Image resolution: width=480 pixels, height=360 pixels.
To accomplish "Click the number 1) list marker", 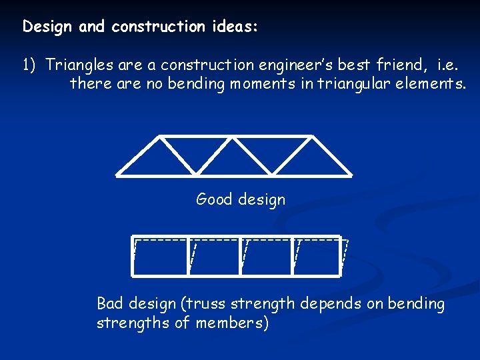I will click(x=29, y=65).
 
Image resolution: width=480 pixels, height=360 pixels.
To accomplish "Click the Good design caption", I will click(x=240, y=199).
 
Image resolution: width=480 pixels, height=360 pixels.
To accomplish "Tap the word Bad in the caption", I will click(x=111, y=305).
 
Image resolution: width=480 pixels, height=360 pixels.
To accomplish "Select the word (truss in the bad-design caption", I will click(x=203, y=305).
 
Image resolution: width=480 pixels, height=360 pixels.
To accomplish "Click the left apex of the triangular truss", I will click(x=160, y=137).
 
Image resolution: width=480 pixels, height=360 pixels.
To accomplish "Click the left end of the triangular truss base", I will click(x=117, y=175).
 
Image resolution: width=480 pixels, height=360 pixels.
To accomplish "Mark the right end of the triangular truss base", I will click(x=351, y=175).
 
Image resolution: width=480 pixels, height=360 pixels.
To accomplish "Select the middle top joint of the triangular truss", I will click(x=235, y=137).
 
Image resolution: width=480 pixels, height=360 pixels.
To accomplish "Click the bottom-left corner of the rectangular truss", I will click(x=133, y=275).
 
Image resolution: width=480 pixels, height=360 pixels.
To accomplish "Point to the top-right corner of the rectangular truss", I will click(x=341, y=237).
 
